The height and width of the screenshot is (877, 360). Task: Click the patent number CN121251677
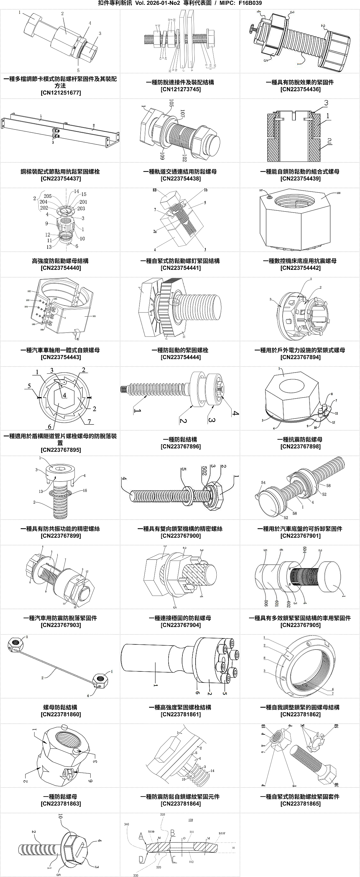tap(61, 93)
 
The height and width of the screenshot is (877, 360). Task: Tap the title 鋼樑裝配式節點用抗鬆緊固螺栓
tap(60, 172)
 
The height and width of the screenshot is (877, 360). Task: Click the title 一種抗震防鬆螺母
tap(300, 439)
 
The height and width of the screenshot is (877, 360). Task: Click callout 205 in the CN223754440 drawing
tap(48, 196)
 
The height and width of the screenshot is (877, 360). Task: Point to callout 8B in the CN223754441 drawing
tap(155, 190)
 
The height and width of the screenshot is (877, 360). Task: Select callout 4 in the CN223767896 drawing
tap(235, 413)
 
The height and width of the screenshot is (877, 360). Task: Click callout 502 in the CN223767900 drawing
tap(205, 471)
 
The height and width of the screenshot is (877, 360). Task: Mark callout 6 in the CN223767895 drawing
tap(50, 426)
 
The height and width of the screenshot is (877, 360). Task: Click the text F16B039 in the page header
tap(250, 3)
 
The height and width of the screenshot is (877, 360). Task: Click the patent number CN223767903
tap(61, 625)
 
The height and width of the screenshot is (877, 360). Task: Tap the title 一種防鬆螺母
tap(60, 797)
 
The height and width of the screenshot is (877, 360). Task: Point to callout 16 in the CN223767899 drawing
tap(85, 491)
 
